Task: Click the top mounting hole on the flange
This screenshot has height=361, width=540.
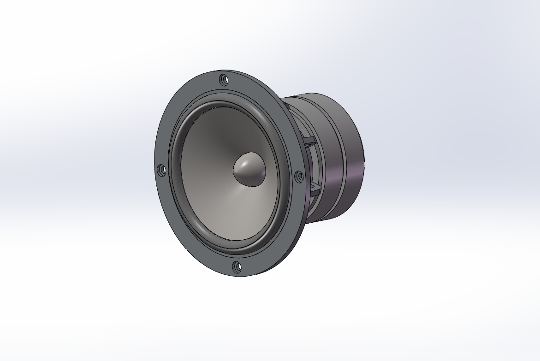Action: tap(224, 80)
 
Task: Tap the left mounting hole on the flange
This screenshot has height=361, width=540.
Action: tap(162, 170)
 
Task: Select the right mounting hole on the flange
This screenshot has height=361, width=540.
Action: tap(298, 176)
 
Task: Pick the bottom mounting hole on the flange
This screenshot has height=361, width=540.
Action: tap(237, 267)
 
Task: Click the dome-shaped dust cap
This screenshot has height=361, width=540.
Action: tap(249, 170)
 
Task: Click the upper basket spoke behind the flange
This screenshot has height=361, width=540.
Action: tap(308, 140)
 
